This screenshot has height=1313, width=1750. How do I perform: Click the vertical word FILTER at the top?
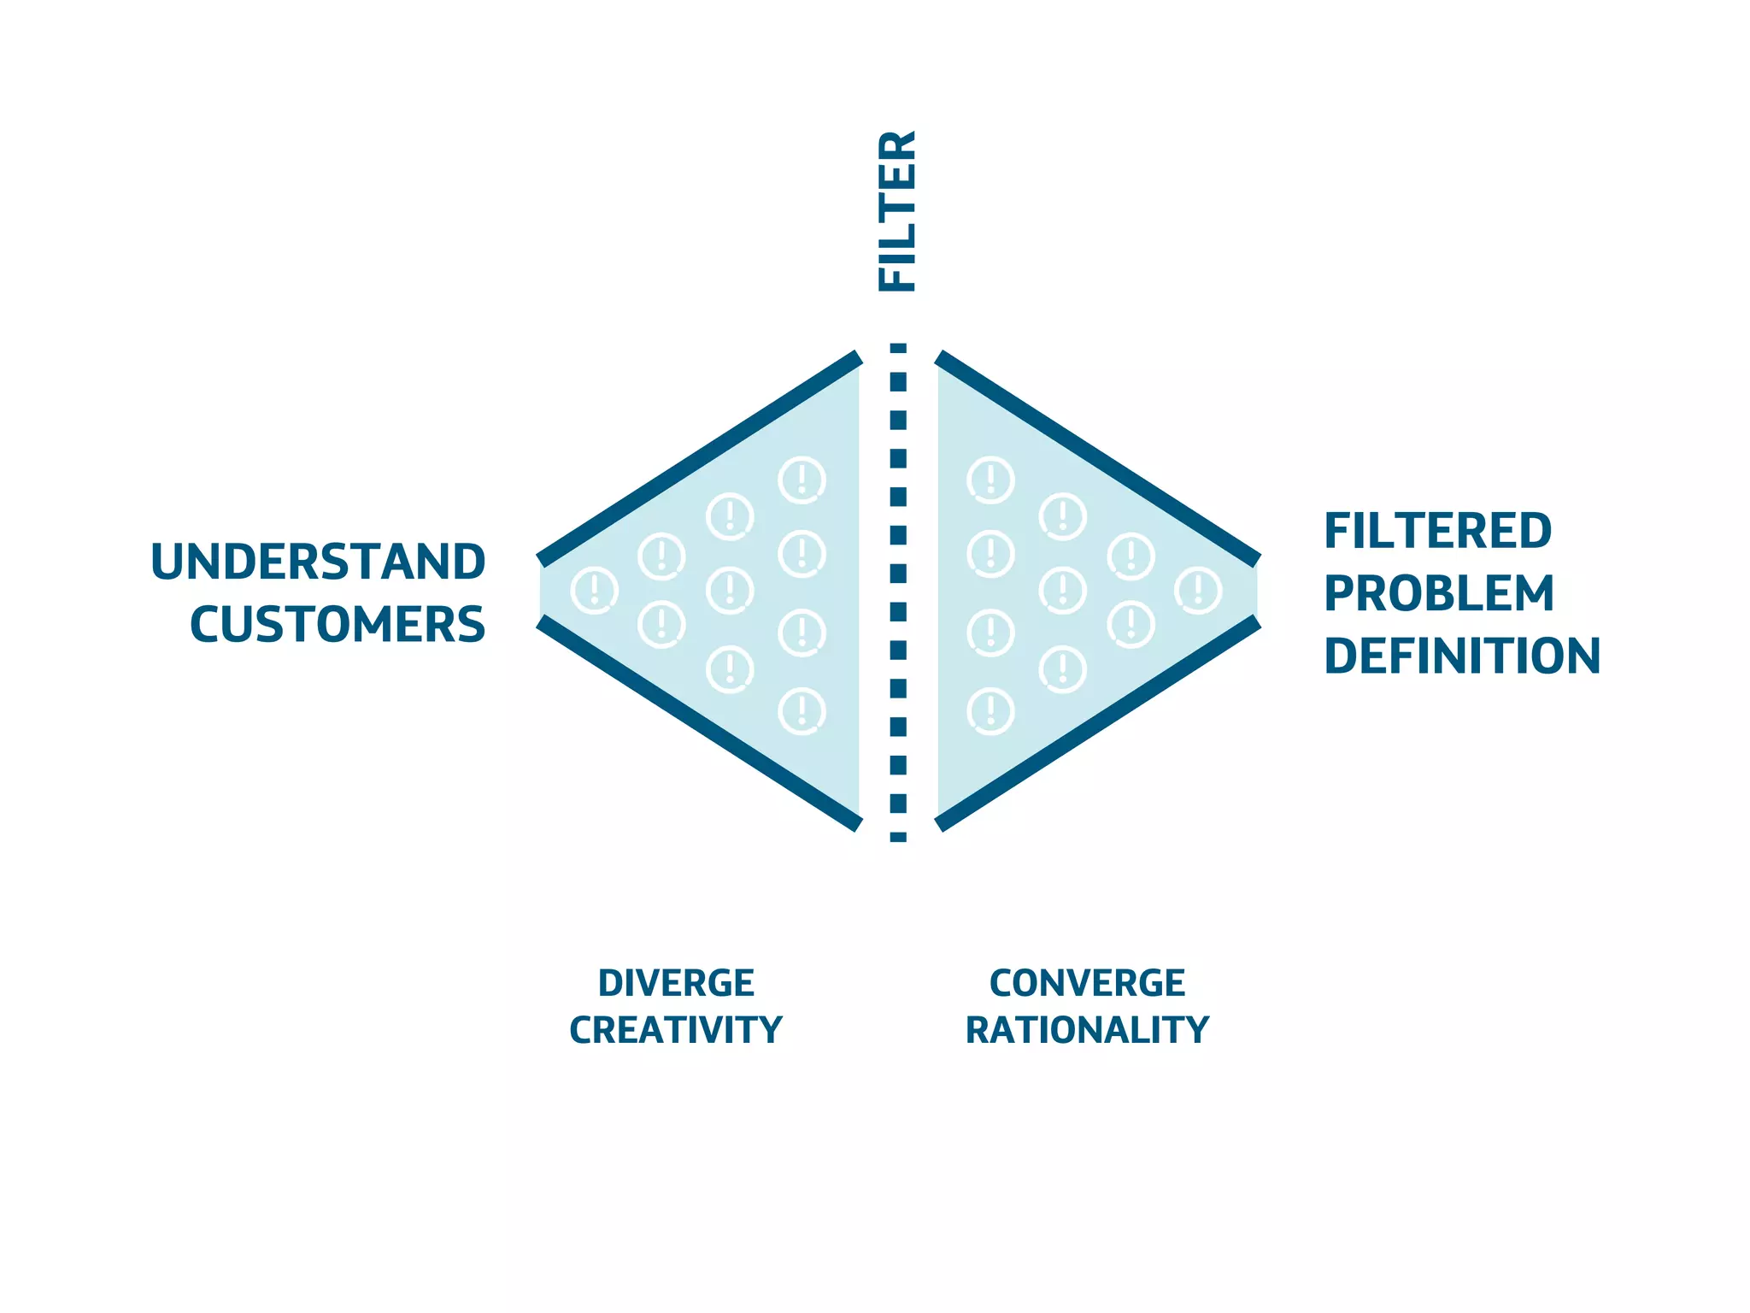tap(897, 211)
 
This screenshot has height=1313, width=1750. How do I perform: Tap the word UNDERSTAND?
tap(318, 562)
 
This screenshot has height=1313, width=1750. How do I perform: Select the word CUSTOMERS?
tap(338, 625)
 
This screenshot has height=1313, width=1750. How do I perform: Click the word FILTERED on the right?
tap(1437, 532)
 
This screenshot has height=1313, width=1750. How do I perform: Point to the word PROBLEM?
tap(1439, 594)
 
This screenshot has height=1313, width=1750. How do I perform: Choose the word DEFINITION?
tap(1462, 656)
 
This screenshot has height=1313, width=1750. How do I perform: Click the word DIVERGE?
tap(676, 983)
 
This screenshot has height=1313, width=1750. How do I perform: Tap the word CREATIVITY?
tap(676, 1030)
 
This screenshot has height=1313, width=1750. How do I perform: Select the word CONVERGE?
tap(1087, 983)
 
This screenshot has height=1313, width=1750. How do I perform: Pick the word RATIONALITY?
tap(1087, 1030)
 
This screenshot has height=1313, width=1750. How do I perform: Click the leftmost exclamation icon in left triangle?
tap(594, 590)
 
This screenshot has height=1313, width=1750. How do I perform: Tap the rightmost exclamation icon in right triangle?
tap(1198, 590)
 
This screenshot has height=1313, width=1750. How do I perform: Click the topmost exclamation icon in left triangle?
tap(802, 480)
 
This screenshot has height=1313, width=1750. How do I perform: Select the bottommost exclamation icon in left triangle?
tap(802, 711)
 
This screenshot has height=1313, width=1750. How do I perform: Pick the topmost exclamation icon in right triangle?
tap(990, 480)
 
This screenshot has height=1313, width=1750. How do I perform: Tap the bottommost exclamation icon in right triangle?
tap(990, 711)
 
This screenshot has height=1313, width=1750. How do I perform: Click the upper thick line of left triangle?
tap(699, 457)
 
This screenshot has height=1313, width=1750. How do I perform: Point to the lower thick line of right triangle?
tap(1099, 723)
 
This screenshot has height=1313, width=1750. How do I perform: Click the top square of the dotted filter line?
tap(898, 348)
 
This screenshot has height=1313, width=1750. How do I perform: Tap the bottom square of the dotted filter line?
tap(898, 837)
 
